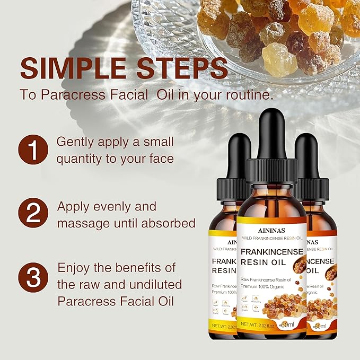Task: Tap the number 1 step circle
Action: [x=33, y=150]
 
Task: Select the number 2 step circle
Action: [x=33, y=214]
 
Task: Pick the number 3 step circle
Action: [x=33, y=278]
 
